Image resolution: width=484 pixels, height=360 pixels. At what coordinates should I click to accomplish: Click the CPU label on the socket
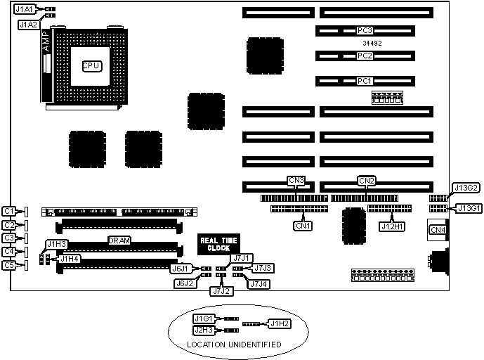pyautogui.click(x=92, y=65)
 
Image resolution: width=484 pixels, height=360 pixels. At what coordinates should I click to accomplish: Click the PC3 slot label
pyautogui.click(x=365, y=30)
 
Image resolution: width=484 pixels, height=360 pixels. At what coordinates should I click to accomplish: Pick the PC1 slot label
pyautogui.click(x=365, y=81)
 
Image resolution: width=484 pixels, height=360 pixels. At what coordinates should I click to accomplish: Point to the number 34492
pyautogui.click(x=365, y=43)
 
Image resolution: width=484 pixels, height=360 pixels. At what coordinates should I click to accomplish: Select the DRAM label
pyautogui.click(x=118, y=240)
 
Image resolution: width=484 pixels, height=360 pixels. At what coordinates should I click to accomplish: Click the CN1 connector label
pyautogui.click(x=303, y=226)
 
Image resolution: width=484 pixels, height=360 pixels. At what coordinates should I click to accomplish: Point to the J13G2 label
pyautogui.click(x=467, y=188)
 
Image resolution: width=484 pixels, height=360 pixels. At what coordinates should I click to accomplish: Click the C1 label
pyautogui.click(x=9, y=211)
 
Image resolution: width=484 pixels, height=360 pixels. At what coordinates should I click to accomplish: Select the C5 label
pyautogui.click(x=9, y=265)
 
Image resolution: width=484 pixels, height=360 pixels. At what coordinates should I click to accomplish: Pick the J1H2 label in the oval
pyautogui.click(x=281, y=324)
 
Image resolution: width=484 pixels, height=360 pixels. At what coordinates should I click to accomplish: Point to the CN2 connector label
pyautogui.click(x=367, y=181)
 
